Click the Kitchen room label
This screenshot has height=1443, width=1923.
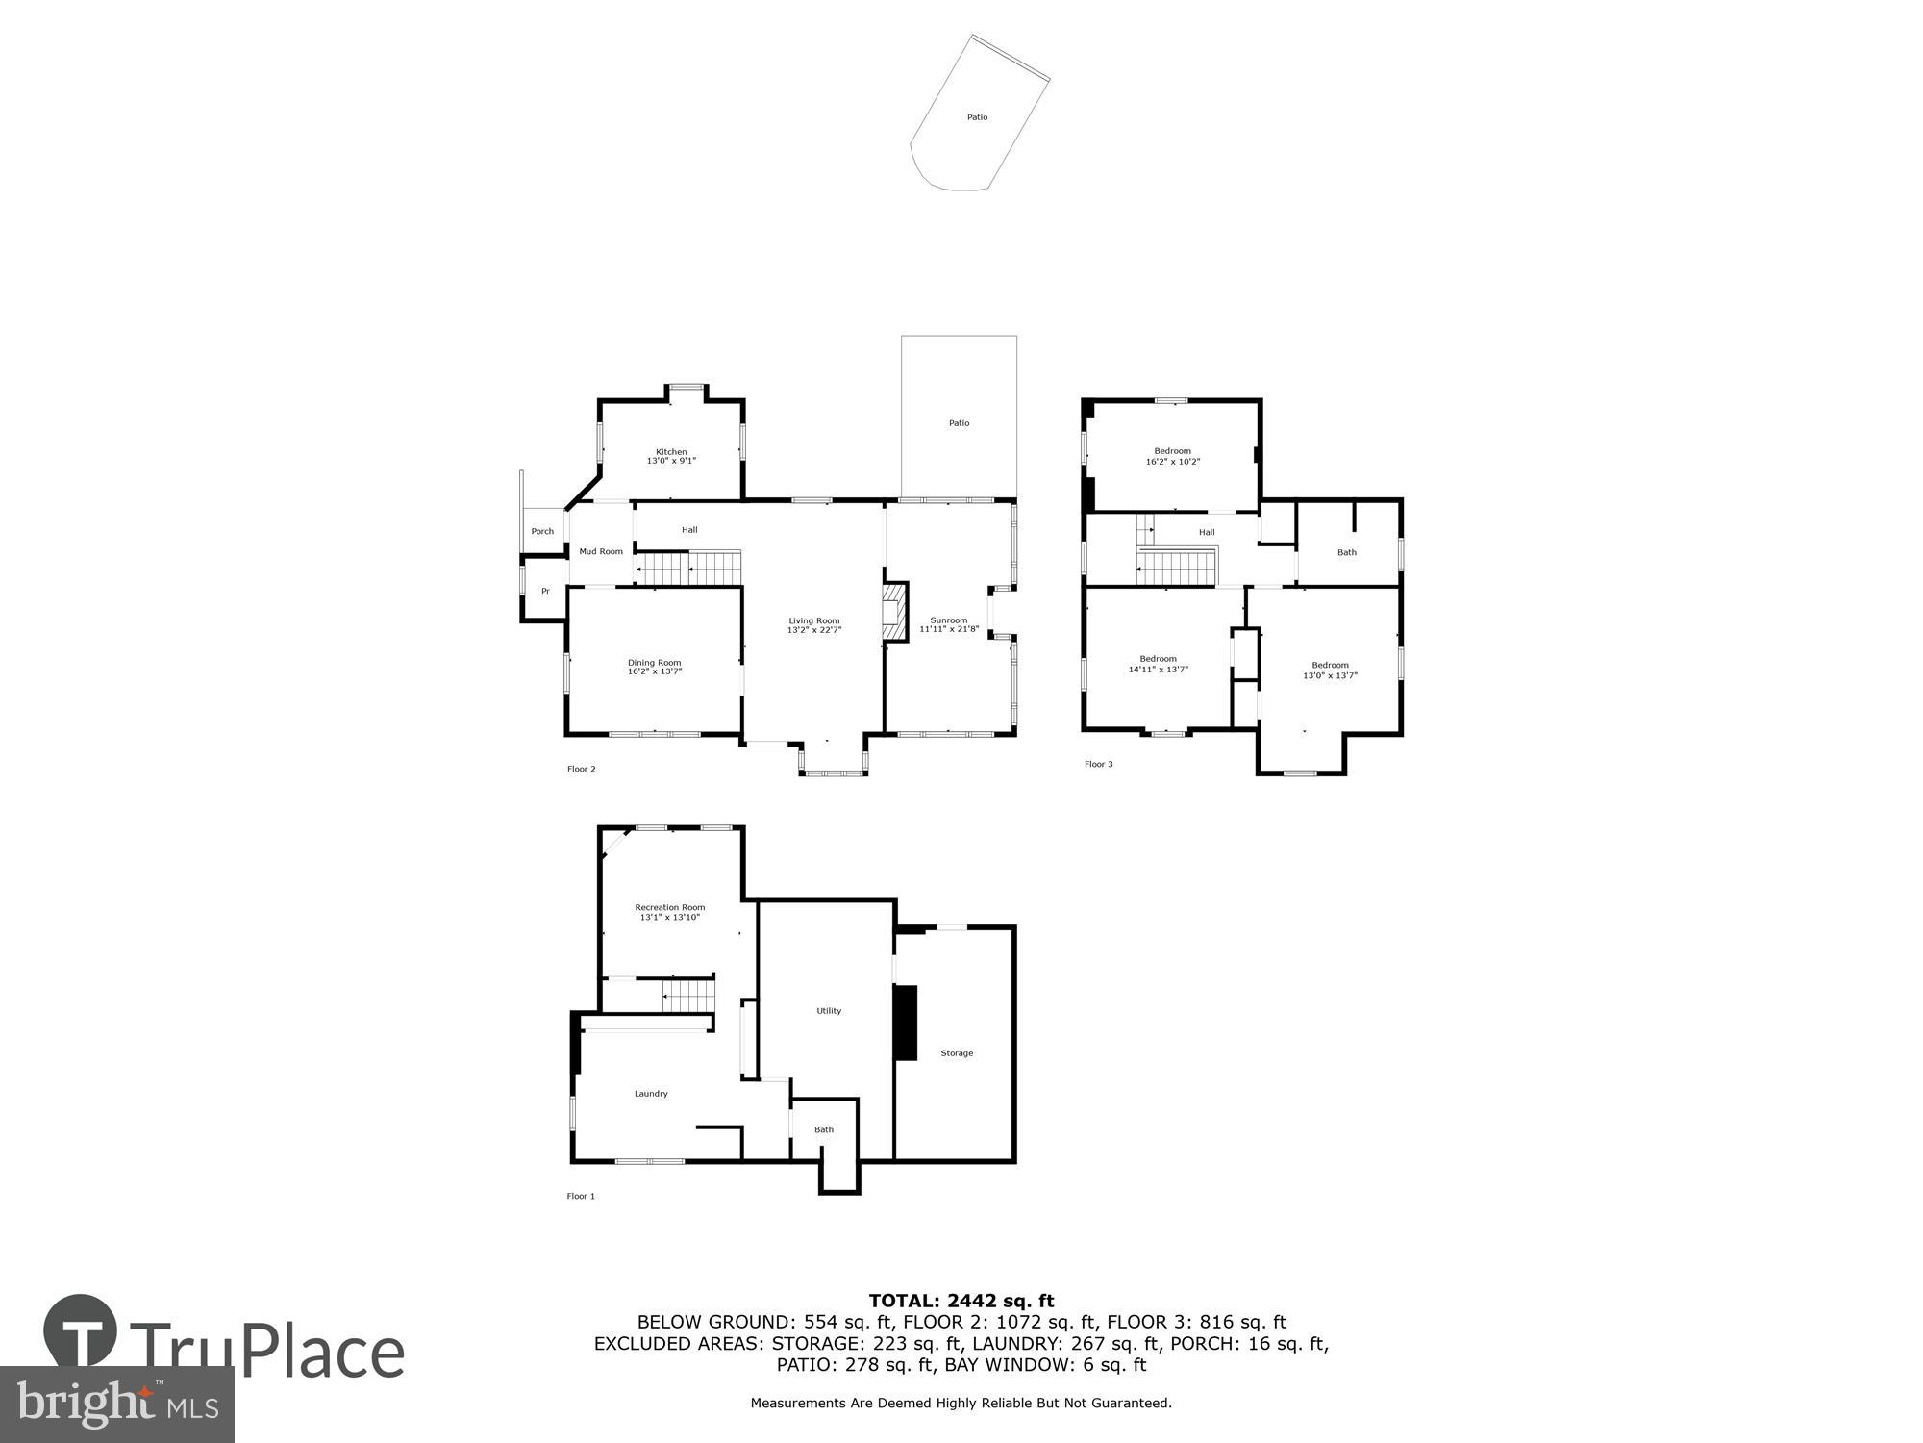(x=671, y=452)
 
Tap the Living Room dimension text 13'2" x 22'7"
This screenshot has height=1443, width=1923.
(x=814, y=630)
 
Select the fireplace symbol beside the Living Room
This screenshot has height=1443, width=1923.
(x=895, y=612)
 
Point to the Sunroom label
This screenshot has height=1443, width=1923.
(x=948, y=620)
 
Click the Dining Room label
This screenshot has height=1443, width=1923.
(x=654, y=663)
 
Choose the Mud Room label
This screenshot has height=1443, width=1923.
(x=601, y=552)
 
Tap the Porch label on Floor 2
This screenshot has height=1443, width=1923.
(x=542, y=532)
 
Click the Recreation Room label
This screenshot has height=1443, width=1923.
(x=669, y=907)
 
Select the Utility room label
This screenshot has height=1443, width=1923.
(x=829, y=1011)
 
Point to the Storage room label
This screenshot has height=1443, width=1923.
(x=957, y=1053)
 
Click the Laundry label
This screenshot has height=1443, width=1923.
(x=651, y=1094)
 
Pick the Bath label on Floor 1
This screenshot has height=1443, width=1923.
(x=824, y=1129)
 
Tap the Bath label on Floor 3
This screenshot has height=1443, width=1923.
(x=1347, y=553)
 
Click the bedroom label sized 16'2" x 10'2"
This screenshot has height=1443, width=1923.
(x=1172, y=451)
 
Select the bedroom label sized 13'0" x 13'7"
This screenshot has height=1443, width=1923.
(x=1330, y=666)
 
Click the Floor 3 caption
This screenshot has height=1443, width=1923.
(x=1098, y=765)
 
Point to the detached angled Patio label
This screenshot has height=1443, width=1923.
(x=977, y=117)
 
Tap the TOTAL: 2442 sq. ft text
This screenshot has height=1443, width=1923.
(x=961, y=1302)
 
